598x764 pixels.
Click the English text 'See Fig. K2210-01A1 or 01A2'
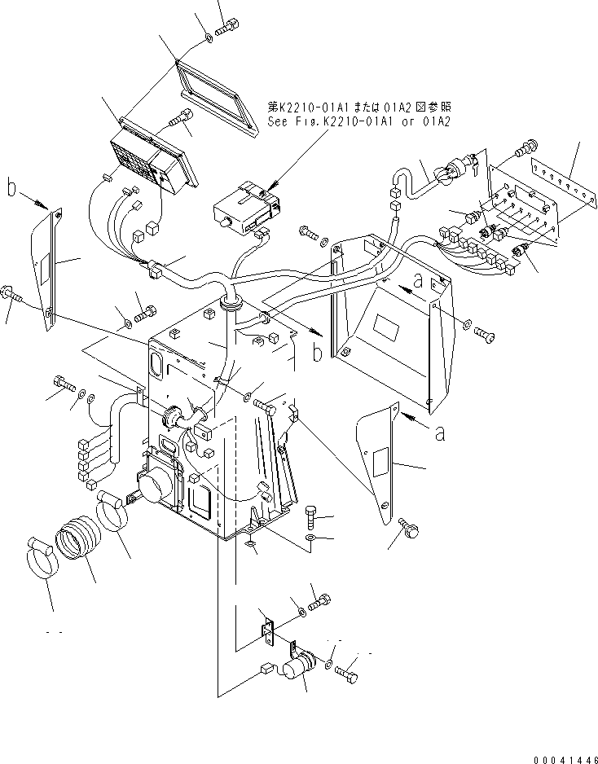pos(358,121)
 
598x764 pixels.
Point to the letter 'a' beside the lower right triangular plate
pos(440,433)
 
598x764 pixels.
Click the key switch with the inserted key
pos(452,173)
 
